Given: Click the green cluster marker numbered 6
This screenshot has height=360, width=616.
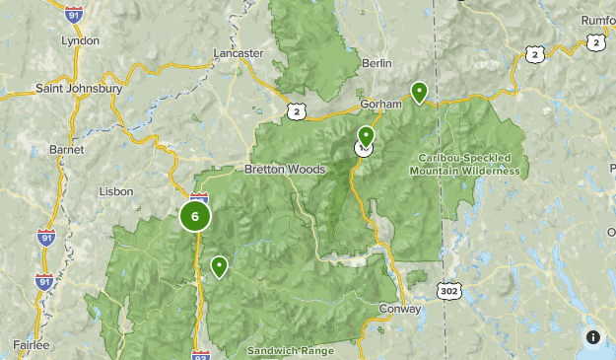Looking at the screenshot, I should [x=195, y=216].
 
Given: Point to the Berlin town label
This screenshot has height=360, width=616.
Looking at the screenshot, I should [x=377, y=63].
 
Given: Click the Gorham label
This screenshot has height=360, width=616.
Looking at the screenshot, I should [x=381, y=104].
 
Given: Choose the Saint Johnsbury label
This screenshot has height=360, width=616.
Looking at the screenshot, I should [x=78, y=88].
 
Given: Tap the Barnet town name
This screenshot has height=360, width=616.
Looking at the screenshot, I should [x=66, y=149].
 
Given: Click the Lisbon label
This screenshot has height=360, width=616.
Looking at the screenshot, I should [x=115, y=191].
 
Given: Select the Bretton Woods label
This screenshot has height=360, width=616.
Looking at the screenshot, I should [x=285, y=169].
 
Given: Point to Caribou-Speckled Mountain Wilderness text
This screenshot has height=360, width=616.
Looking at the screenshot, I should [x=468, y=164].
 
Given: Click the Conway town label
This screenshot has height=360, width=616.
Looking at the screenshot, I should [x=400, y=309].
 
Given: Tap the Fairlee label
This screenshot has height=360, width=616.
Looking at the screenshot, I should [x=31, y=344].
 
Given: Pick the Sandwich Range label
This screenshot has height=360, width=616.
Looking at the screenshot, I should [x=291, y=350].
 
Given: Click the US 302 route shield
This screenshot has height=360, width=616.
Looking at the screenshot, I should [x=447, y=291].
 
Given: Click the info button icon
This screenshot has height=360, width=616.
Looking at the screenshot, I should [x=592, y=337].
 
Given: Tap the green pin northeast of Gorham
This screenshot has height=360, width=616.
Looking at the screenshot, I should [x=419, y=92].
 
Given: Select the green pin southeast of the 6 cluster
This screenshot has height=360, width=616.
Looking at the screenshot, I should [x=218, y=265].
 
